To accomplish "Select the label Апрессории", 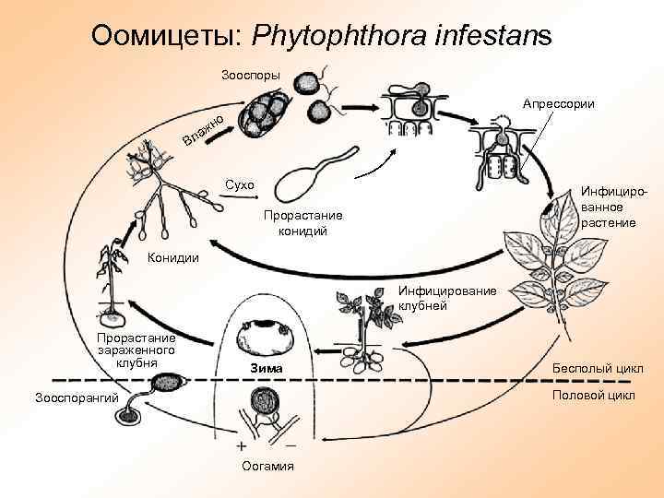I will coord(558,104).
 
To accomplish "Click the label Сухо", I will coord(239,185).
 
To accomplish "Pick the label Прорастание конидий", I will coord(302,222).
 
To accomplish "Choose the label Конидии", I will coord(172,257).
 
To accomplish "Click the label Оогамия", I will coord(267,466).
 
